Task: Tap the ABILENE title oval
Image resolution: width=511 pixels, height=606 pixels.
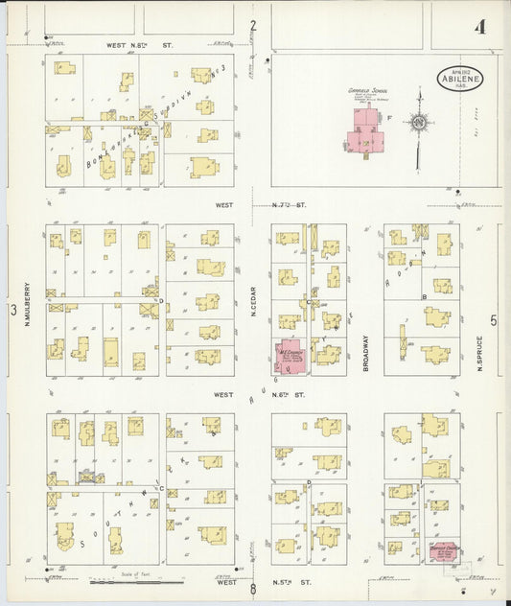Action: pos(461,80)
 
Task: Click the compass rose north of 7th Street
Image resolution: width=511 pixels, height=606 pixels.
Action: pos(418,122)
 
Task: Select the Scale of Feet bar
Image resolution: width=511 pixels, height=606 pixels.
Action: pos(140,580)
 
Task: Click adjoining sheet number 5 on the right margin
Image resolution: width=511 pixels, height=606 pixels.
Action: pos(494,321)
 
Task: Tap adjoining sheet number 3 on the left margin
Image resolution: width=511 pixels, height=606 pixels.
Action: pos(13,310)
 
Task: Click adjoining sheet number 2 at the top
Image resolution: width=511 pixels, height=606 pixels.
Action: pos(253,26)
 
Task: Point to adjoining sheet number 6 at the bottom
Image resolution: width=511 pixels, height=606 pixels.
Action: pos(254,590)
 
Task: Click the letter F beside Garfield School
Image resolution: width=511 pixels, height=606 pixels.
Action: pos(388,117)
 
